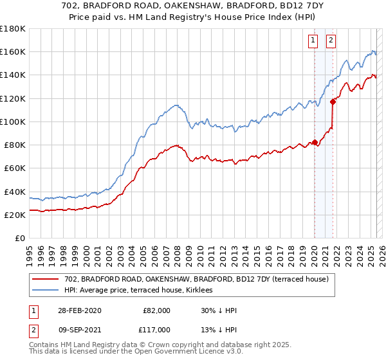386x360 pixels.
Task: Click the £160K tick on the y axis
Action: point(12,51)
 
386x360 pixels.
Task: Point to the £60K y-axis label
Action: point(14,168)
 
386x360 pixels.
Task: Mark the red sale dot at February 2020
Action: point(315,142)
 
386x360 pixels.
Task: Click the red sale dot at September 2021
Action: point(333,101)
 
